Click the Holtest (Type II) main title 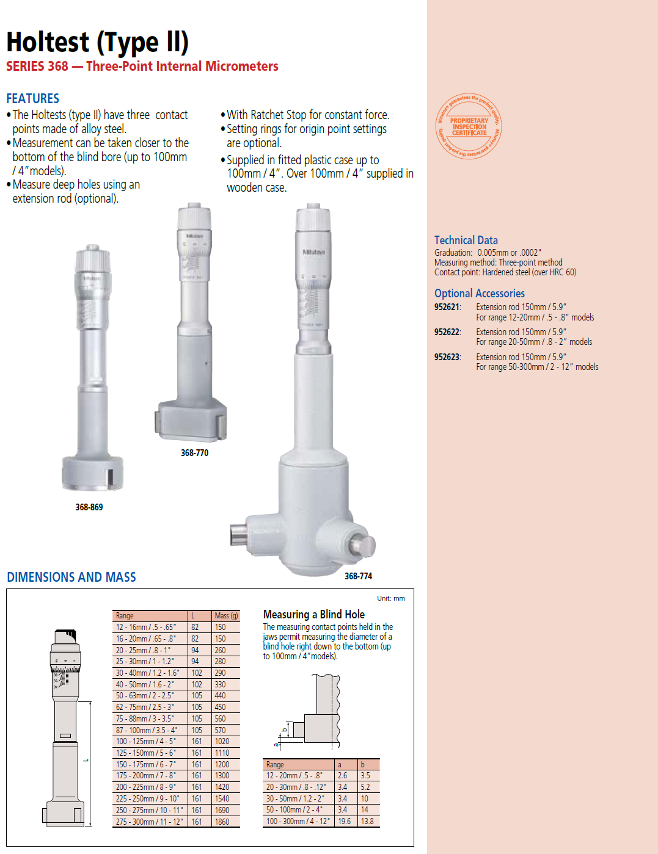tap(97, 42)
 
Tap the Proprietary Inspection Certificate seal tap(469, 126)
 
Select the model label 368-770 tap(194, 453)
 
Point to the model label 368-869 tap(89, 507)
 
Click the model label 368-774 tap(358, 576)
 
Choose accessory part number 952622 tap(447, 332)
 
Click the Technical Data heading tap(466, 240)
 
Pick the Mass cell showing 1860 tap(222, 822)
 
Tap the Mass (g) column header tap(226, 616)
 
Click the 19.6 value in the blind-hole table tap(345, 822)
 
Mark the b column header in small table tap(362, 764)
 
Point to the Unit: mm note tap(390, 598)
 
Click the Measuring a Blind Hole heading tap(313, 614)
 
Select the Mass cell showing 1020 tap(222, 742)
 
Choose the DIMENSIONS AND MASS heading tap(71, 577)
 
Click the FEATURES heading tap(33, 98)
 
